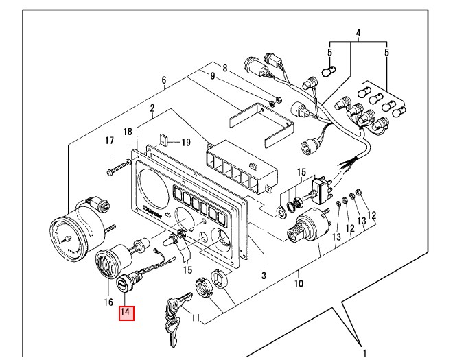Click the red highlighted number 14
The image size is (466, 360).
(x=126, y=313)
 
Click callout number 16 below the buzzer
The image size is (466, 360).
(x=108, y=302)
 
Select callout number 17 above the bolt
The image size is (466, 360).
(x=108, y=141)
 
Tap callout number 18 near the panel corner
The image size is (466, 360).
(x=128, y=132)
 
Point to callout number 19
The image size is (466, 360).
(x=185, y=143)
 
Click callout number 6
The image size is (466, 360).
(x=164, y=80)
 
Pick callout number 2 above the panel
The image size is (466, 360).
(x=152, y=108)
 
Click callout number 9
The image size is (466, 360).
(x=213, y=75)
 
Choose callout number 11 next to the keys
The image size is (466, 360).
(x=196, y=317)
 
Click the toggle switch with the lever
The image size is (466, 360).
(x=319, y=186)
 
